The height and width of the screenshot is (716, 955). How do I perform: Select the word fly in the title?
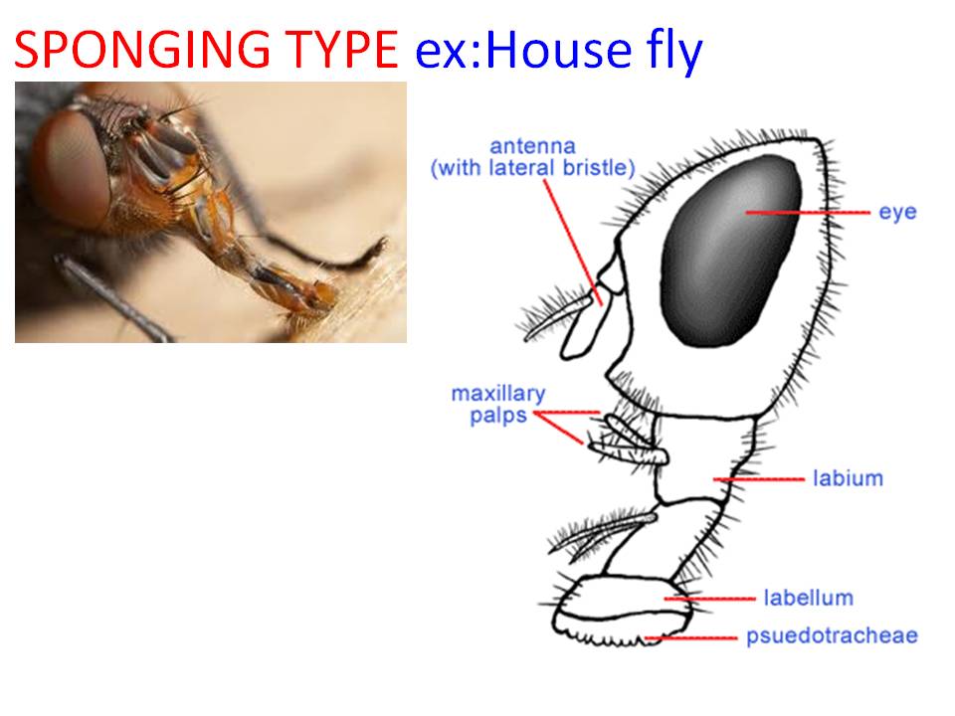pos(668,51)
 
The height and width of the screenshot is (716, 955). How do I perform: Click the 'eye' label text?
pos(897,212)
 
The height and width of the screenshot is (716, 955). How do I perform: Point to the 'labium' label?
pos(848,478)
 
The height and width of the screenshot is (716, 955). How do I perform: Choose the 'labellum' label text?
pos(808,598)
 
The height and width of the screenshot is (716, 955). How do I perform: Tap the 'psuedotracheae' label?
pos(832,635)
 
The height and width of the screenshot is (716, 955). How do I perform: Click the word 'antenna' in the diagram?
pos(532,147)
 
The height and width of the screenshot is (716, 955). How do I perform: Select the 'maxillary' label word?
pos(497,393)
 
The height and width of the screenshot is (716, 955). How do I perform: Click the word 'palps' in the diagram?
pos(498,415)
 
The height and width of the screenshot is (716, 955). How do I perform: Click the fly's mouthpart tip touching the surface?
pos(316,296)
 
